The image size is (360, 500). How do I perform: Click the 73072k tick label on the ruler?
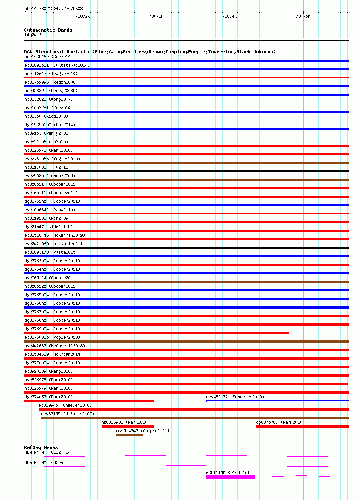83,17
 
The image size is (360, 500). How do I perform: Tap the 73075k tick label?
303,17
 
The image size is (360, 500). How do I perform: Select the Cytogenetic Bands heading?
48,30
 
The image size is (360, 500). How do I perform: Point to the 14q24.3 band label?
33,35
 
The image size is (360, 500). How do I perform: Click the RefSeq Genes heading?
41,447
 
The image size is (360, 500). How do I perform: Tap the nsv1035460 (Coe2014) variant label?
49,57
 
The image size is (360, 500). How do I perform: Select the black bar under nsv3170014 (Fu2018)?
186,171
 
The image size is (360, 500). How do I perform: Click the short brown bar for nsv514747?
129,435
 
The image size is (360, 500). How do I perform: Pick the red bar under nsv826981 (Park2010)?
127,426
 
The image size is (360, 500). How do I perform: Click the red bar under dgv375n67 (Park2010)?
302,426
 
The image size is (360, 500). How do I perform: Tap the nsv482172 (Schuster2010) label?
235,397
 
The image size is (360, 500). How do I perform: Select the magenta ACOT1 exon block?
230,477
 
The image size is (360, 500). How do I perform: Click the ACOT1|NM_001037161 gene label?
228,472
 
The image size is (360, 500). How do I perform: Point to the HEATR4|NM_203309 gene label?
44,462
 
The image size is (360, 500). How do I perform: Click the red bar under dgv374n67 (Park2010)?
89,401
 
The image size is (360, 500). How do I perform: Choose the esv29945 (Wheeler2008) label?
65,405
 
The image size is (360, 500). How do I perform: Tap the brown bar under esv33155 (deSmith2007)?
195,418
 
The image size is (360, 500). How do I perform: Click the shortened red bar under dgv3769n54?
157,333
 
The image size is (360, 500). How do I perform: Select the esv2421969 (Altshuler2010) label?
56,244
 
